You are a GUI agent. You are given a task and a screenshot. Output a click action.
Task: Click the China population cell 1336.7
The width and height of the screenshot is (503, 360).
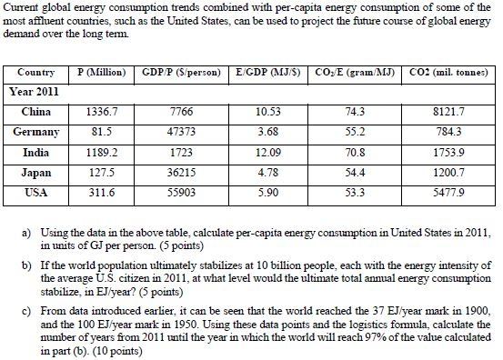pos(100,113)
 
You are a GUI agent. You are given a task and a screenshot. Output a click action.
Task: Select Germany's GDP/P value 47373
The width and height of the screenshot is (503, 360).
pos(182,133)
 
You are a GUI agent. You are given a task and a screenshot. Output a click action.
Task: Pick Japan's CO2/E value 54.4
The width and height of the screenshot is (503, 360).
pos(350,173)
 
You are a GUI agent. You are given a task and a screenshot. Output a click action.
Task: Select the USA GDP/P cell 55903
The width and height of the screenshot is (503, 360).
pos(182,193)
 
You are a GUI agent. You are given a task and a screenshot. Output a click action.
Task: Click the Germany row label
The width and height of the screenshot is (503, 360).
pos(36,133)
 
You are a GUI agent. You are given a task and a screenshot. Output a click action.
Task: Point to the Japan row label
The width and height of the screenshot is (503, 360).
pos(36,173)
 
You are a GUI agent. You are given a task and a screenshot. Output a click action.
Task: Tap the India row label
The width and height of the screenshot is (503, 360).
pos(36,153)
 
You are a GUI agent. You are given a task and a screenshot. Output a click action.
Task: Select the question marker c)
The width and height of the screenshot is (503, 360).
pos(26,307)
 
